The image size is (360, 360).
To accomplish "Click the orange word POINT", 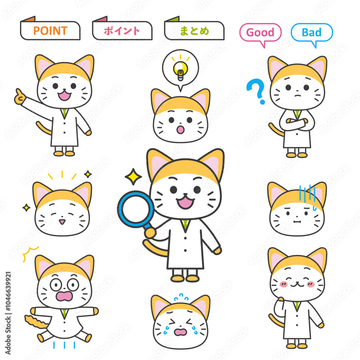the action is pyautogui.click(x=50, y=31).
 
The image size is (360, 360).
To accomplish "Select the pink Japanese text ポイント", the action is pyautogui.click(x=122, y=31).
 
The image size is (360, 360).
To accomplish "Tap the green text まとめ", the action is pyautogui.click(x=194, y=31).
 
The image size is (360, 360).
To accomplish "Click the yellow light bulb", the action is pyautogui.click(x=180, y=71).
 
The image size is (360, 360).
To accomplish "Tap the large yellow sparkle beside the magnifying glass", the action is pyautogui.click(x=133, y=177).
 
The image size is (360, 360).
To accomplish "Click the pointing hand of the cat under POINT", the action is pyautogui.click(x=20, y=97).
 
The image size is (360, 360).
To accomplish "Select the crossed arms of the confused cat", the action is pyautogui.click(x=297, y=123).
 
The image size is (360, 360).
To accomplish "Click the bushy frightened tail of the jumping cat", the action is pyautogui.click(x=36, y=321).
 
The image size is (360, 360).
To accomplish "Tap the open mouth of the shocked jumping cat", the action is pyautogui.click(x=64, y=296).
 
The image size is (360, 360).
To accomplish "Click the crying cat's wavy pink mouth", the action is pyautogui.click(x=181, y=332).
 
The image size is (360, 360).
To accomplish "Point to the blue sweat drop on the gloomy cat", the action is pyautogui.click(x=315, y=208).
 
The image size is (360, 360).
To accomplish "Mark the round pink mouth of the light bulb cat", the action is pyautogui.click(x=180, y=130).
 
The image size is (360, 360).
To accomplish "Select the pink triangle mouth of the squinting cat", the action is pyautogui.click(x=62, y=222).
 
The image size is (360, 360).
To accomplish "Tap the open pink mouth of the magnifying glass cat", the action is pyautogui.click(x=185, y=202).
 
